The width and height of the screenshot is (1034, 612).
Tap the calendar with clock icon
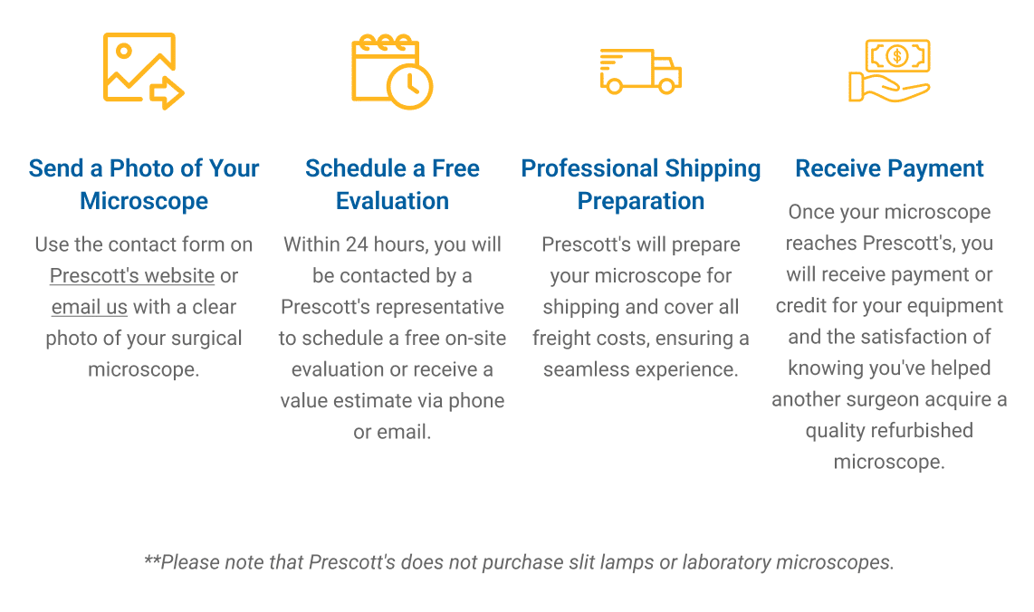[392, 72]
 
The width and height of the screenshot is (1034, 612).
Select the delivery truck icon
[640, 72]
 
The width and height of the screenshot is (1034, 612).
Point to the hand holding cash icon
[889, 71]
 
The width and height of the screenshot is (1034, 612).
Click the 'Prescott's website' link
[132, 275]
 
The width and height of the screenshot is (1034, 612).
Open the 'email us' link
[89, 307]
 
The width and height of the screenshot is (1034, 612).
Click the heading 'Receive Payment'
[889, 168]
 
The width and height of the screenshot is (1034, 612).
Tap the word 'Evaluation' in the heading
[392, 200]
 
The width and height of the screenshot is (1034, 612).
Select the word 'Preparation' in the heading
[641, 201]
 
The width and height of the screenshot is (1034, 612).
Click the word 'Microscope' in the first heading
[144, 201]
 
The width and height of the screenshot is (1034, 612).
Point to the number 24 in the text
[357, 244]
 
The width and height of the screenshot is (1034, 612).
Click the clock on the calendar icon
[409, 86]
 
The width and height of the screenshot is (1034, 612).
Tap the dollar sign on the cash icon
[897, 55]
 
